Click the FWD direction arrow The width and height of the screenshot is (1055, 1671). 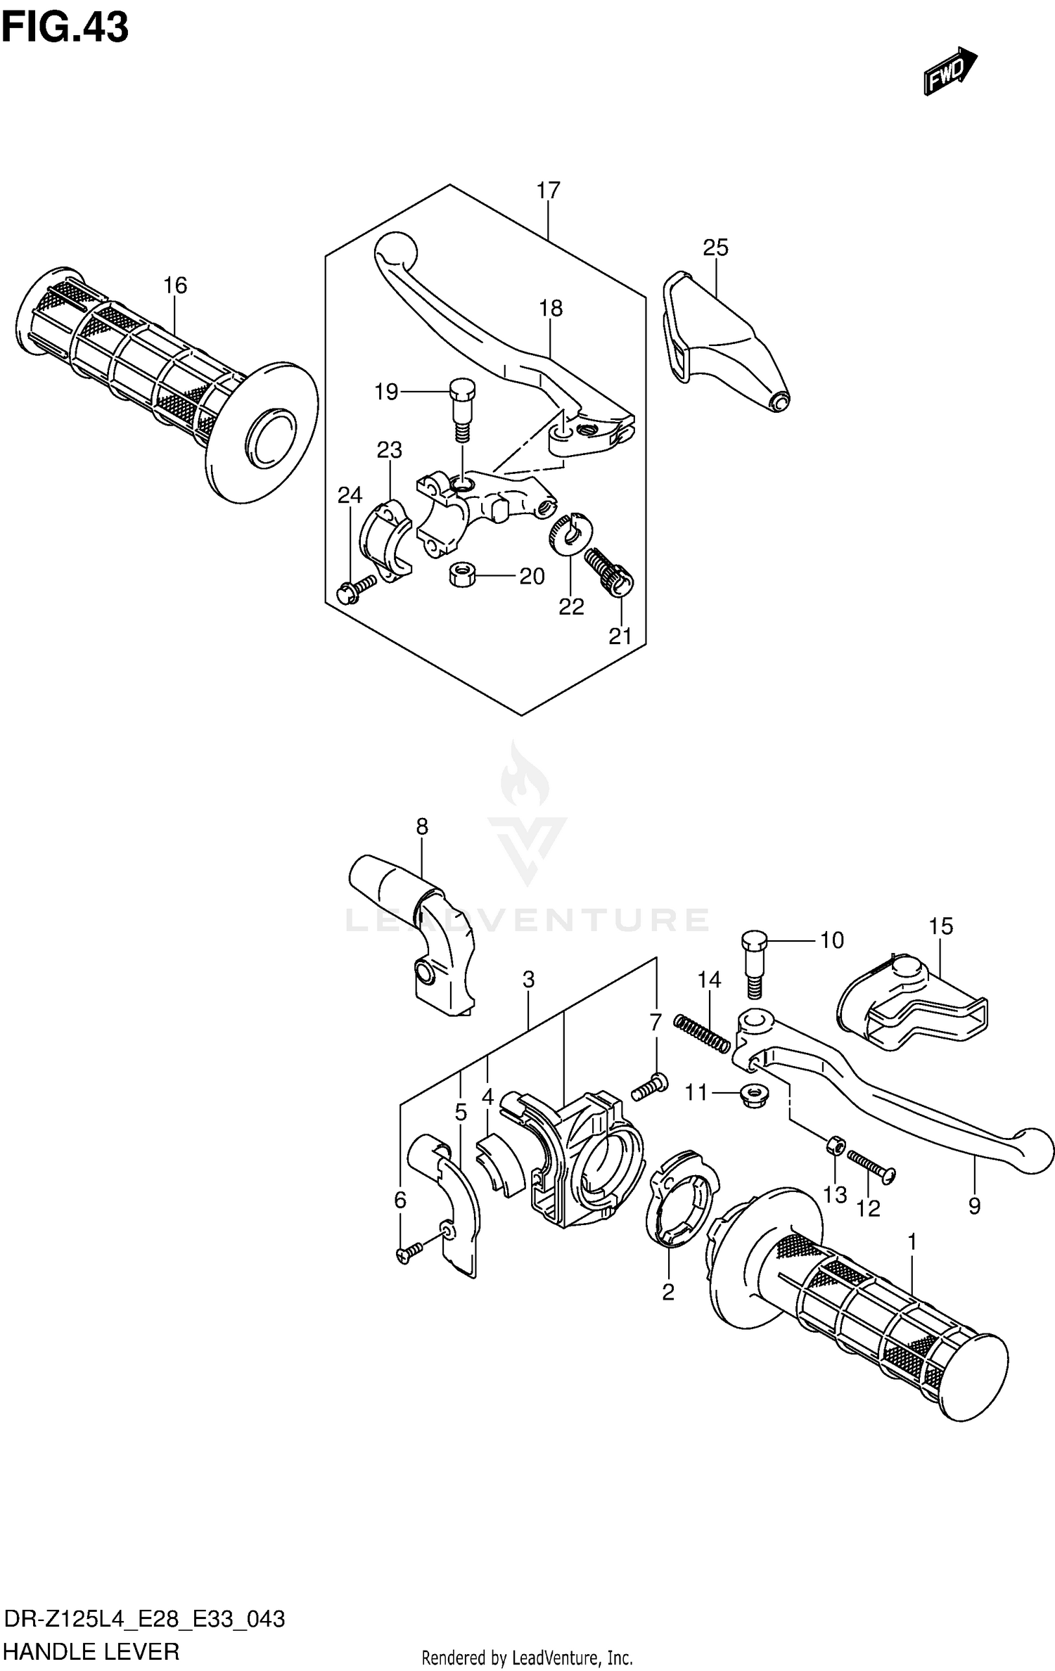[x=949, y=72]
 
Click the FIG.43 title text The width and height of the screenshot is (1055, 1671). [x=65, y=28]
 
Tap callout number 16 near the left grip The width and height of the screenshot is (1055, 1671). [x=175, y=285]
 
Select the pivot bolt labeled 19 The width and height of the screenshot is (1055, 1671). [x=461, y=408]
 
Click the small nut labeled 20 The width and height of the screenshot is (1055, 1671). [x=461, y=575]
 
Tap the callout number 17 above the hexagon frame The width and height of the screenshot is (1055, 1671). [x=548, y=190]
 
